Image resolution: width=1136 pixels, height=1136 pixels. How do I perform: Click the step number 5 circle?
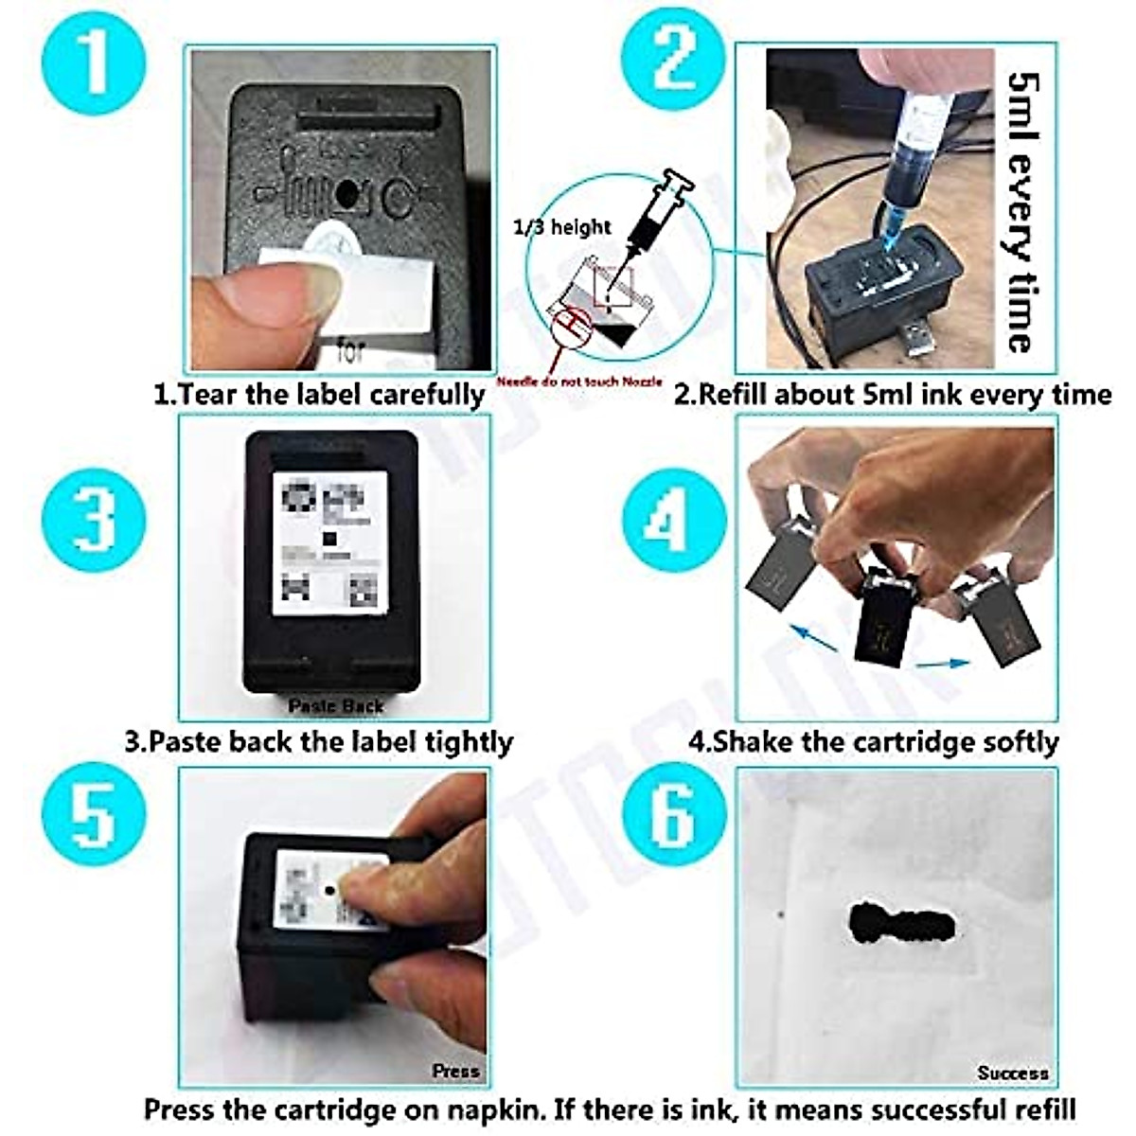tap(95, 816)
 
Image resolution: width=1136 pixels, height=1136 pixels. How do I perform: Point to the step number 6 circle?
tap(674, 816)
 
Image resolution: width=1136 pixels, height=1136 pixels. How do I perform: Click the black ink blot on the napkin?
tap(899, 923)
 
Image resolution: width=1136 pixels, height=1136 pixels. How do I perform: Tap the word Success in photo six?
tap(1012, 1073)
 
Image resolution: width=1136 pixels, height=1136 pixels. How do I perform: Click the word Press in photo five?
tap(455, 1071)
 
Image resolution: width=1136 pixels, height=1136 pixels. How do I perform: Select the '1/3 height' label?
tap(562, 227)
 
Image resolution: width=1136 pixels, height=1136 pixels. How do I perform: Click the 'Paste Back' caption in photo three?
tap(336, 705)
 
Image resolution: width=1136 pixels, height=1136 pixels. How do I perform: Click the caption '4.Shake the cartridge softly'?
tap(873, 741)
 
